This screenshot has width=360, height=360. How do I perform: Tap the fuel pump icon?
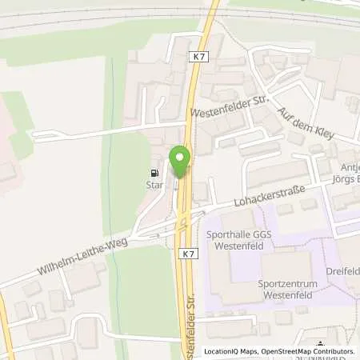click(x=153, y=171)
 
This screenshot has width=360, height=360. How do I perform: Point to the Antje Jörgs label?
click(x=344, y=185)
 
